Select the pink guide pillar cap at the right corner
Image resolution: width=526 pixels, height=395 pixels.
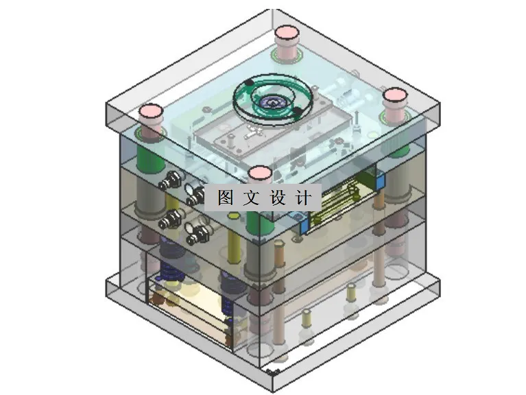395,95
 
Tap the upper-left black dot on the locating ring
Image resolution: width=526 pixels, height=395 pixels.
248,83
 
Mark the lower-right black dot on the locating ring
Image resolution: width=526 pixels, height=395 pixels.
297,112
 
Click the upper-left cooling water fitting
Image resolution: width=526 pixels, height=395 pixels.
167,181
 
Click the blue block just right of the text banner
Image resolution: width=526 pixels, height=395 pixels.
302,222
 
